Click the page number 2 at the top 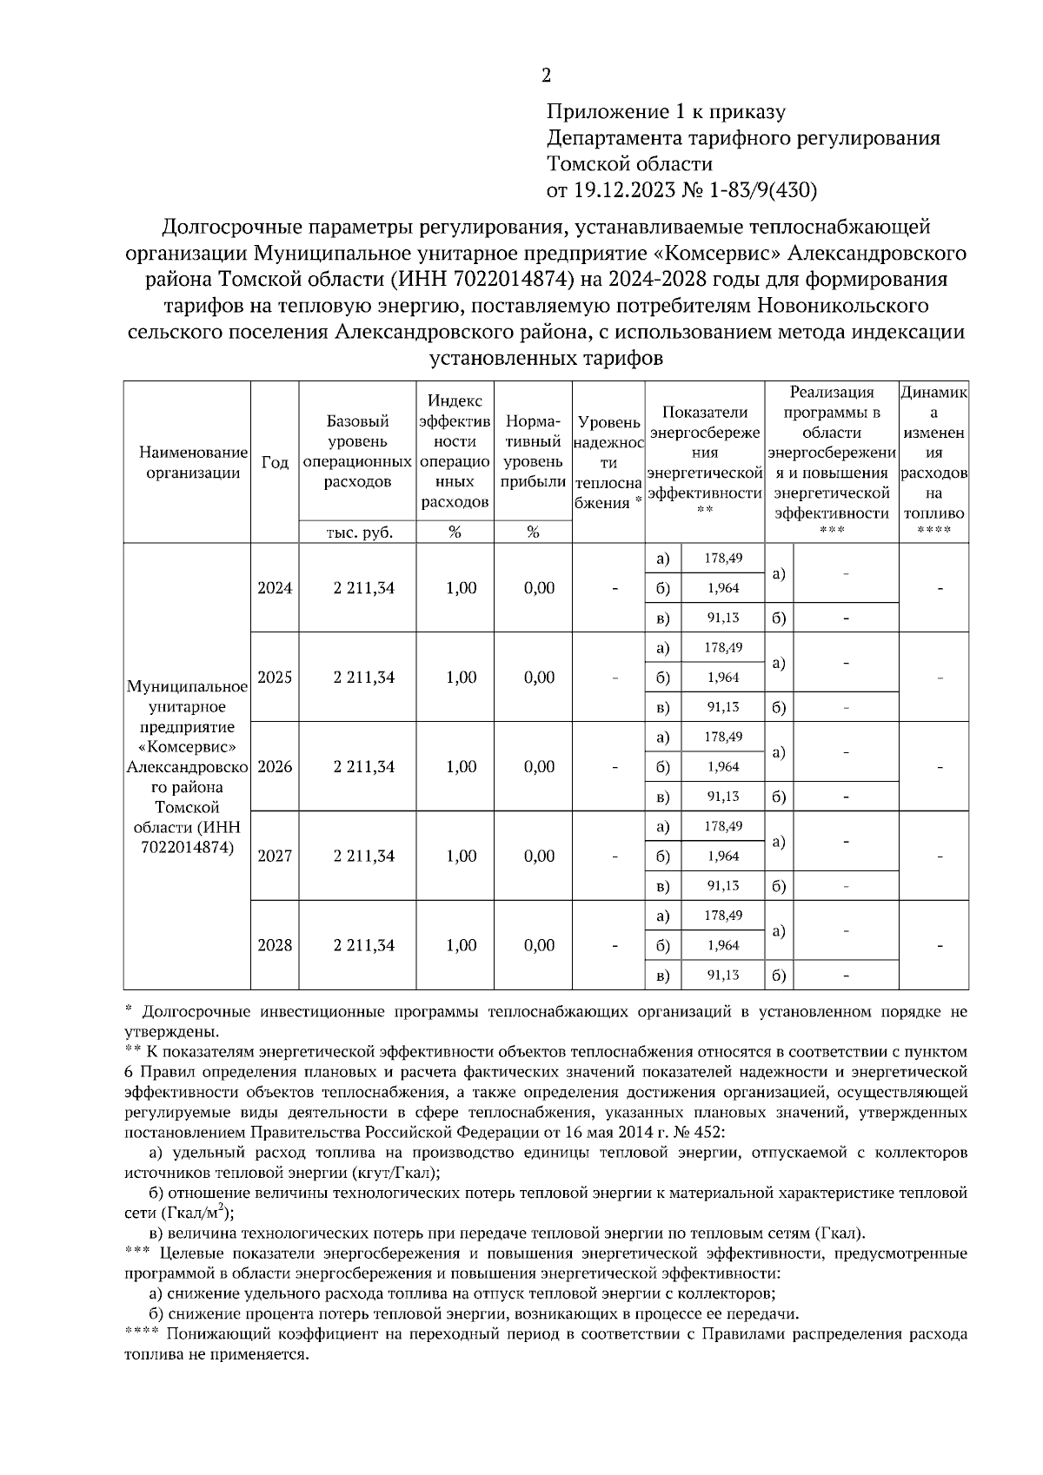pyautogui.click(x=546, y=76)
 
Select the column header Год pyautogui.click(x=275, y=463)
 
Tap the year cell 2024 pyautogui.click(x=275, y=588)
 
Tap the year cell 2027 pyautogui.click(x=275, y=857)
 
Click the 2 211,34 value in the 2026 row pyautogui.click(x=363, y=767)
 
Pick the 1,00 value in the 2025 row pyautogui.click(x=461, y=678)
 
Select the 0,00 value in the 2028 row pyautogui.click(x=539, y=946)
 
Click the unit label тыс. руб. pyautogui.click(x=359, y=533)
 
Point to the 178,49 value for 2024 pyautogui.click(x=722, y=558)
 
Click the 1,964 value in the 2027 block pyautogui.click(x=722, y=857)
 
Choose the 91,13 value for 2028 pyautogui.click(x=722, y=976)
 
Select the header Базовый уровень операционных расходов pyautogui.click(x=357, y=452)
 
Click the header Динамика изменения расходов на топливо pyautogui.click(x=934, y=453)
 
